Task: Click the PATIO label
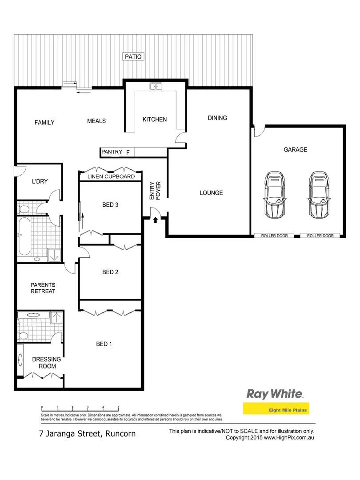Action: pyautogui.click(x=133, y=56)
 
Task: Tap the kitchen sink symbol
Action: pyautogui.click(x=156, y=86)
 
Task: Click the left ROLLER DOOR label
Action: pyautogui.click(x=274, y=236)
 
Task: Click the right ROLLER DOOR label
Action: pyautogui.click(x=320, y=236)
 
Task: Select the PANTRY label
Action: pyautogui.click(x=112, y=152)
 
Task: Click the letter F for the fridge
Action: pyautogui.click(x=128, y=152)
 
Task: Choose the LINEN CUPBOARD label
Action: pyautogui.click(x=111, y=176)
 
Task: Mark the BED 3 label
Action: pyautogui.click(x=110, y=205)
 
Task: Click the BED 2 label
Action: pyautogui.click(x=110, y=272)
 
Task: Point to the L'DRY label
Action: pyautogui.click(x=40, y=181)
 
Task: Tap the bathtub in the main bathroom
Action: pyautogui.click(x=24, y=239)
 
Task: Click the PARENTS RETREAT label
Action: pyautogui.click(x=43, y=288)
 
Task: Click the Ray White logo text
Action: pyautogui.click(x=275, y=394)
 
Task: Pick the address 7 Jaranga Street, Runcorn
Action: pyautogui.click(x=86, y=434)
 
